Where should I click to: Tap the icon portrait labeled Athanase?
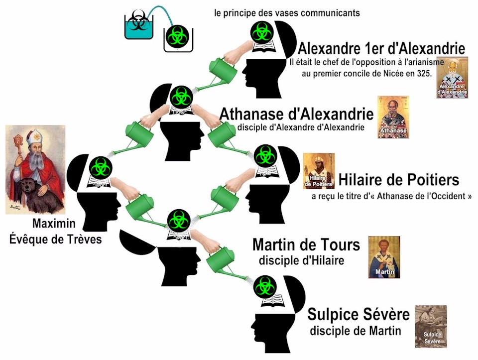[393, 117]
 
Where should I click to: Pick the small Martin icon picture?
[384, 256]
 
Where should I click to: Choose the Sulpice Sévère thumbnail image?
[431, 326]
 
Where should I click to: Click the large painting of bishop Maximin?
[35, 169]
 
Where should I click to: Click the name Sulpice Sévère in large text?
[358, 315]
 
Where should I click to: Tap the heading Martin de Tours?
[306, 245]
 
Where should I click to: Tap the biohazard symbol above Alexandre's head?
[260, 32]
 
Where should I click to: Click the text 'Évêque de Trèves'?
[56, 240]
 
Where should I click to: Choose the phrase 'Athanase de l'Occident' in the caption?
[423, 196]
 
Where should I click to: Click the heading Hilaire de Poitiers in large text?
[399, 179]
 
